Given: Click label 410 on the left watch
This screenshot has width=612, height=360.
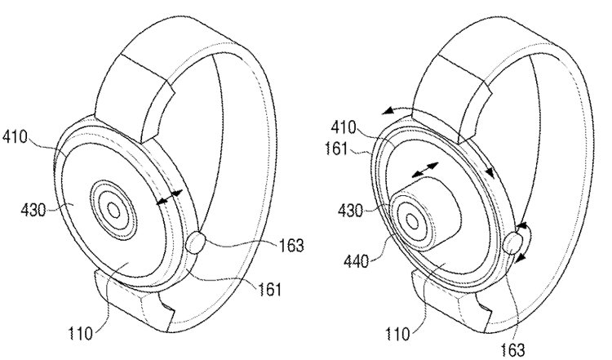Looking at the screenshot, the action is (15, 137).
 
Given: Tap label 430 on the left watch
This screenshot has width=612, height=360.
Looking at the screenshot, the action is (33, 211).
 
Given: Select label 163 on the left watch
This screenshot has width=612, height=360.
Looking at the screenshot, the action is (290, 246).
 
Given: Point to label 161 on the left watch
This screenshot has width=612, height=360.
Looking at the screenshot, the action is (269, 289).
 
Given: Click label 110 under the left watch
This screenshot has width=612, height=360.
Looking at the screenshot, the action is (81, 334).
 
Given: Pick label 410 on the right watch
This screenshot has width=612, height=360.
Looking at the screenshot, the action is (344, 127).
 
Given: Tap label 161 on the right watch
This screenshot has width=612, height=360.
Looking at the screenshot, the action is (336, 149).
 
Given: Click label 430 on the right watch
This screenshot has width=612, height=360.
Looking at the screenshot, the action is (351, 211).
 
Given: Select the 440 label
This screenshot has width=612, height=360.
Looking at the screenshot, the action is (356, 261).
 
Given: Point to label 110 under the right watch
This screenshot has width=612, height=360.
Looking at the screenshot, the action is (397, 334).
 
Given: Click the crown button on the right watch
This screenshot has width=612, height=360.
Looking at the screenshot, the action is (512, 243).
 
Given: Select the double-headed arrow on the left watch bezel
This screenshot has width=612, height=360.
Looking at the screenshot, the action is (169, 198).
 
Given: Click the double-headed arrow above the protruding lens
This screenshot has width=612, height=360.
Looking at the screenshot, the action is (425, 170).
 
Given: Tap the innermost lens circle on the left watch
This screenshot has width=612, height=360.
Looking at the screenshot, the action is (113, 211).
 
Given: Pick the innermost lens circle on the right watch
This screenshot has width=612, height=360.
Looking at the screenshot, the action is (413, 222).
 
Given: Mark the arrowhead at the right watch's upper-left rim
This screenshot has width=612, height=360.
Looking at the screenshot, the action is (387, 112).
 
